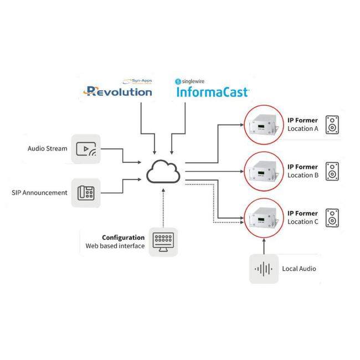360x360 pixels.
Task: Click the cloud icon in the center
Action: pos(163,172)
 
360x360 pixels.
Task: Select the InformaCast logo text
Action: pos(212,91)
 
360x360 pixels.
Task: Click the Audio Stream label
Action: pos(47,148)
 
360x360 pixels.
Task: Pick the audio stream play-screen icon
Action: pos(86,148)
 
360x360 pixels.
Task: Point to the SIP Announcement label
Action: pos(39,193)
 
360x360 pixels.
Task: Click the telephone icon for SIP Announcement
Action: pos(86,193)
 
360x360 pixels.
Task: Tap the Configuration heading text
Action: pos(124,238)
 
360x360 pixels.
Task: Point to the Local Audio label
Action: pos(299,269)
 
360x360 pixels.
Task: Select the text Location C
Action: pos(303,222)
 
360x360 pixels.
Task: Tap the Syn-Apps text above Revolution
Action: pos(137,80)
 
